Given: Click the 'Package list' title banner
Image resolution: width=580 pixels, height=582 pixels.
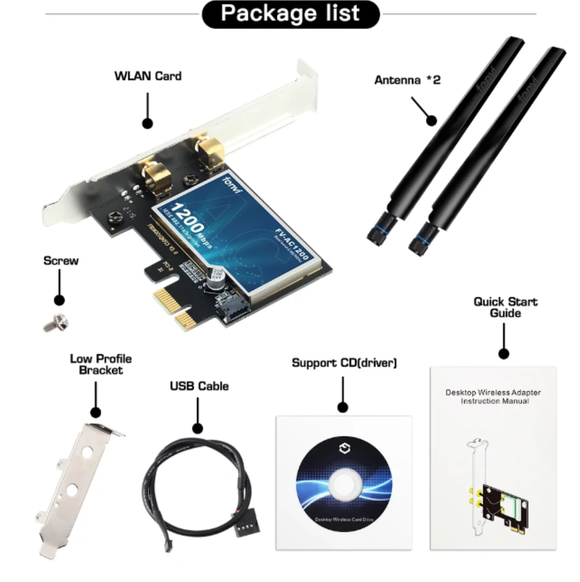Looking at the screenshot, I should coord(290,14).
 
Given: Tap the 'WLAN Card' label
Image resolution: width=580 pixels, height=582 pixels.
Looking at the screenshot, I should coord(148,76).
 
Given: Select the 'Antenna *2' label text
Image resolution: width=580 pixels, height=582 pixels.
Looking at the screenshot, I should coord(407,79).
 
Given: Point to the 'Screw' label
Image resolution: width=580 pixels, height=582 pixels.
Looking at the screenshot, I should coord(61,261).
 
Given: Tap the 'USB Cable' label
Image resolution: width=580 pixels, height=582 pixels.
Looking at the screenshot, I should coord(199,386).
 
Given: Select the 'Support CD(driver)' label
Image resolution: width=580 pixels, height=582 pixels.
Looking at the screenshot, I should coord(344,363).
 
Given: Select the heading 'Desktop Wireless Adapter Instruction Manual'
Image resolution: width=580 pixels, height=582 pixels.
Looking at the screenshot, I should coord(493,396).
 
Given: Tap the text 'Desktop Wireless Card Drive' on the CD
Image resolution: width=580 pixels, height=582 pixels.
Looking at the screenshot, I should coord(343,520).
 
